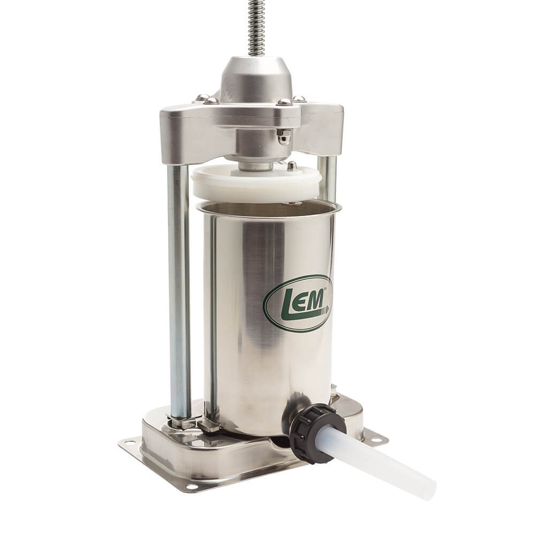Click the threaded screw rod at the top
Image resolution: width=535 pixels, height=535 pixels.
coord(255,27)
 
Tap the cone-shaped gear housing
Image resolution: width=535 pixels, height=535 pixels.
coord(256,80)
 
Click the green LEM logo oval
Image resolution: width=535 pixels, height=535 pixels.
coord(298,303)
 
